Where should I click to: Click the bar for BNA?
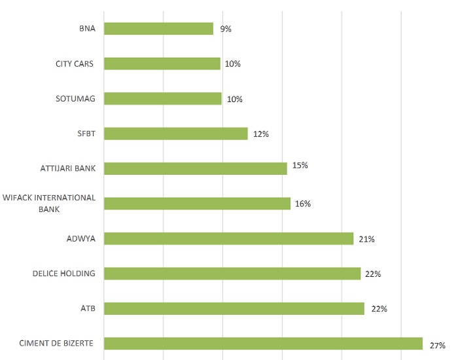tap(158, 29)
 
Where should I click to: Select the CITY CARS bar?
tap(162, 63)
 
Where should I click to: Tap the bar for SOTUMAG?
tap(162, 99)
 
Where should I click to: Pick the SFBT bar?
tap(175, 134)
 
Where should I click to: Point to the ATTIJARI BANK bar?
tap(195, 168)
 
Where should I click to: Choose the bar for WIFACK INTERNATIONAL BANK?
tap(197, 204)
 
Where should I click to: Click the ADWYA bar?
tap(228, 238)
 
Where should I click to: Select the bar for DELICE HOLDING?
tap(232, 274)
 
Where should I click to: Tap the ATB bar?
tap(234, 308)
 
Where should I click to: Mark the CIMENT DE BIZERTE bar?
tap(263, 344)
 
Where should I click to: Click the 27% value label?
tap(438, 345)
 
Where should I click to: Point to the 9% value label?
tap(226, 29)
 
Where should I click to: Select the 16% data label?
tap(302, 204)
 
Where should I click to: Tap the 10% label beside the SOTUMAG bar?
tap(234, 99)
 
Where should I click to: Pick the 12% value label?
tap(261, 134)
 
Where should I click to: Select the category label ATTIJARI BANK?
tap(67, 168)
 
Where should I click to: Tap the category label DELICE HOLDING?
tap(63, 274)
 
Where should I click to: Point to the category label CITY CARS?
tap(75, 63)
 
